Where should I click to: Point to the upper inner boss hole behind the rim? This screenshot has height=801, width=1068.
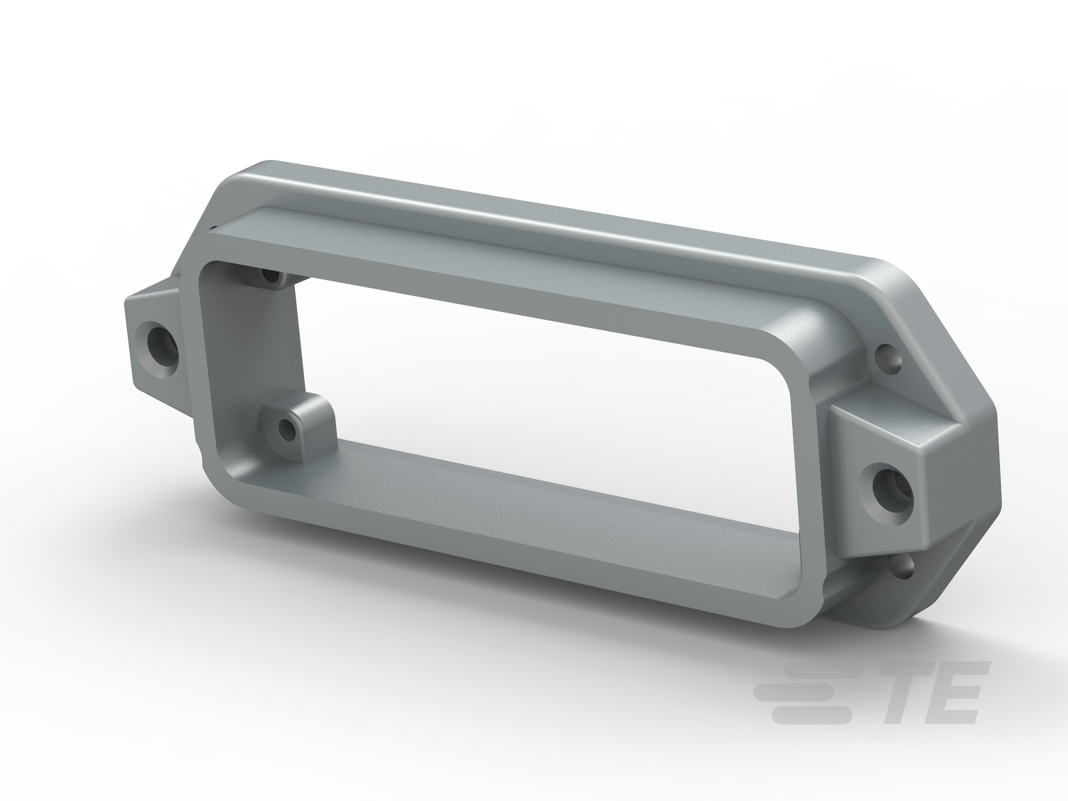[271, 277]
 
